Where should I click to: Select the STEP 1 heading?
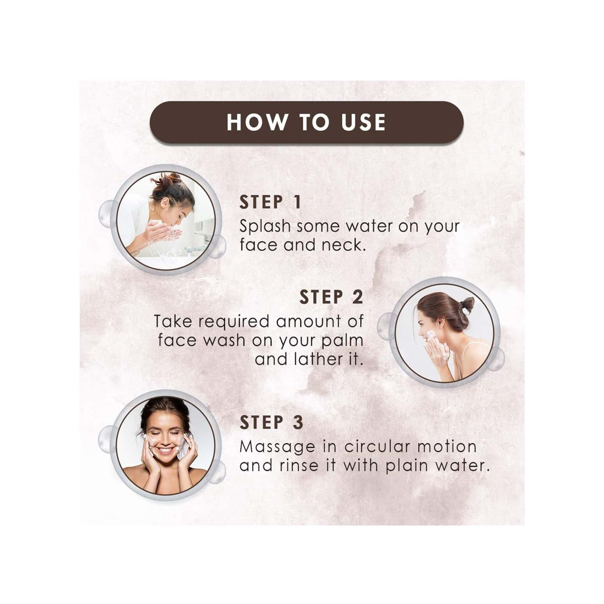(x=270, y=203)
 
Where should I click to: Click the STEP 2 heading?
(x=331, y=298)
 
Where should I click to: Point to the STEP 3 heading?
(x=271, y=422)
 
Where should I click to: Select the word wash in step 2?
(x=222, y=341)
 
